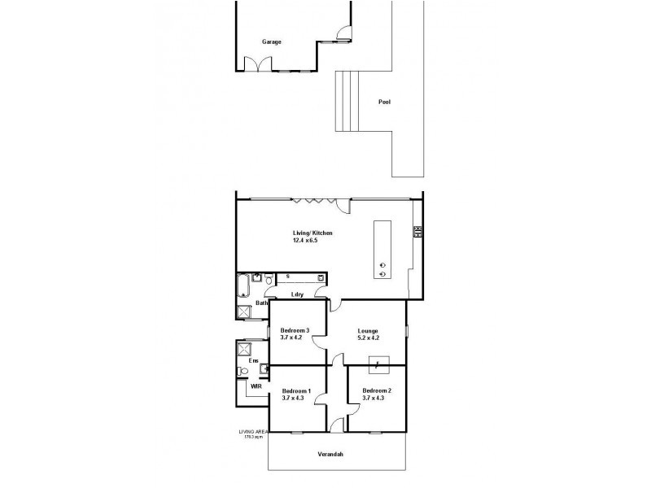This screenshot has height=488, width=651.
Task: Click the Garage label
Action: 272,41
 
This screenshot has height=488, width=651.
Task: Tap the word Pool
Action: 385,102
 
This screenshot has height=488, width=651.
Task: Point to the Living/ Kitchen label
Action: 312,233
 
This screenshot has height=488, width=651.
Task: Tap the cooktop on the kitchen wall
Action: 417,232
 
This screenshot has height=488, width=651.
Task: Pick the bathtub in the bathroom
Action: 243,286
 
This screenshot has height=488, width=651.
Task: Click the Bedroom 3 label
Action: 294,330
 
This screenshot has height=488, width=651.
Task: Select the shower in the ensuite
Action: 243,349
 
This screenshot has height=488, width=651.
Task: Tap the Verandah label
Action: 330,454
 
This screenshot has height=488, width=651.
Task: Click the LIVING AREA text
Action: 252,431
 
